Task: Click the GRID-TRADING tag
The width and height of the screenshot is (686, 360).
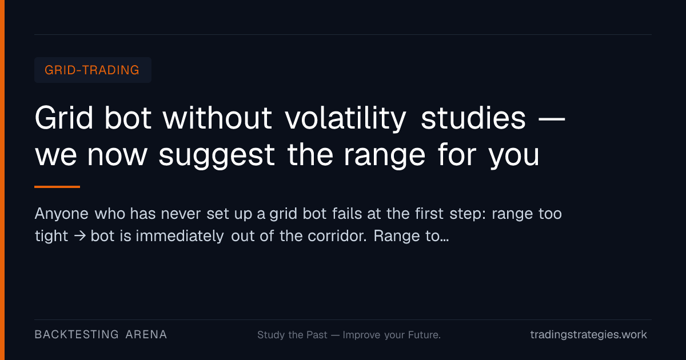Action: pos(93,70)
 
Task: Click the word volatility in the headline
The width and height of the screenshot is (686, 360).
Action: pos(345,118)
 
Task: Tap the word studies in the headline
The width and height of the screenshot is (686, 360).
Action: pos(473,118)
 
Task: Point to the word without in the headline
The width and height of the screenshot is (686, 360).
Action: pos(217,118)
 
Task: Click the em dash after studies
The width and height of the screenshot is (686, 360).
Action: pos(552,119)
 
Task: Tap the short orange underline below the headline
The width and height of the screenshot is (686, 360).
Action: pos(57,187)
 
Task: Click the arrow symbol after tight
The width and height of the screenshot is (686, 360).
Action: pos(79,236)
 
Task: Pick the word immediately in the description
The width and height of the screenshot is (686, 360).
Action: pos(180,237)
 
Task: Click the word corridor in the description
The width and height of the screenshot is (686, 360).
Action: pos(337,236)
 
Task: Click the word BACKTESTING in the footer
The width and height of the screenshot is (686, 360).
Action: pos(77,335)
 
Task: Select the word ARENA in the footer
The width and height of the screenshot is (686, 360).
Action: pos(146,335)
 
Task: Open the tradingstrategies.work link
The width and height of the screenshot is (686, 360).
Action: pos(589,335)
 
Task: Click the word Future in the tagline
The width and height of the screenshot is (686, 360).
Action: pos(424,335)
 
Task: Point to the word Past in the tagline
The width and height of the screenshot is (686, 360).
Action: pos(317,335)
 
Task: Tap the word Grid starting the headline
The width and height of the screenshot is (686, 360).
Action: pos(64,118)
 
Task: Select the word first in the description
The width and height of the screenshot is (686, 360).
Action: pos(429,213)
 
